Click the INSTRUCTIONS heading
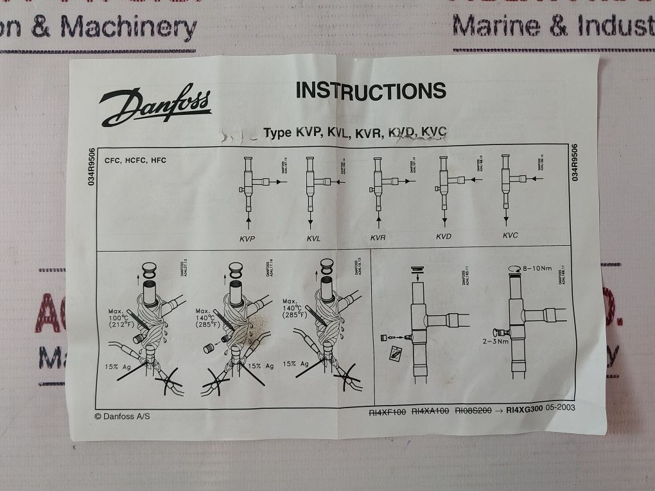pos(371,90)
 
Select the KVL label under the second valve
pos(313,238)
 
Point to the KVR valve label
pos(378,237)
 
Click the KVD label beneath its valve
pos(443,236)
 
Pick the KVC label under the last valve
pos(510,235)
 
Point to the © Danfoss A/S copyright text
pos(126,415)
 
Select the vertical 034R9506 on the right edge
pos(574,163)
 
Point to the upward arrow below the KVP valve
pos(247,221)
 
